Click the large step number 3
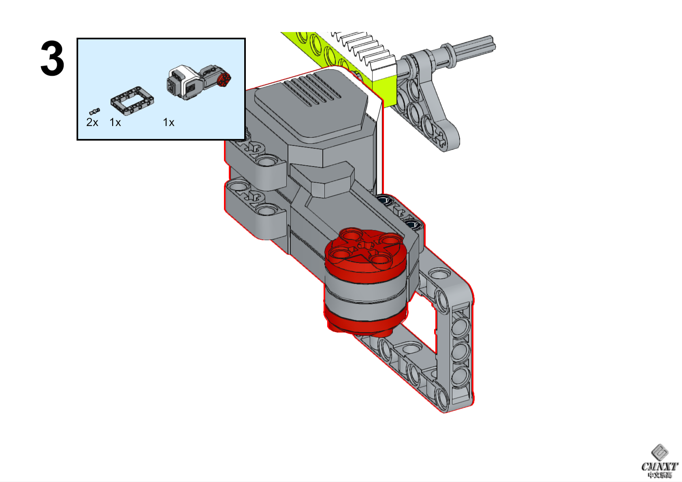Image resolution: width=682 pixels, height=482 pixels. [x=52, y=59]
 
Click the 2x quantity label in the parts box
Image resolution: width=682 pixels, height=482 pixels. [x=92, y=122]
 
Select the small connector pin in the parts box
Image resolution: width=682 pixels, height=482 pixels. [x=94, y=111]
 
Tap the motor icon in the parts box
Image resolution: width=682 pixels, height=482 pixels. [x=198, y=82]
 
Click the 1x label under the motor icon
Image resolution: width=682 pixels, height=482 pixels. [x=168, y=122]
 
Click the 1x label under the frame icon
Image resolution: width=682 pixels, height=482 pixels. [x=115, y=122]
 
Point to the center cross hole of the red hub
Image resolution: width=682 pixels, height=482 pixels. [x=366, y=246]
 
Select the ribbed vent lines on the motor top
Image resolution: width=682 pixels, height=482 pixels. [x=312, y=91]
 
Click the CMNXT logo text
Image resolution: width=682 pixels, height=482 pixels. [x=659, y=467]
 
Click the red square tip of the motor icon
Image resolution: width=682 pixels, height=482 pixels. [x=224, y=79]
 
